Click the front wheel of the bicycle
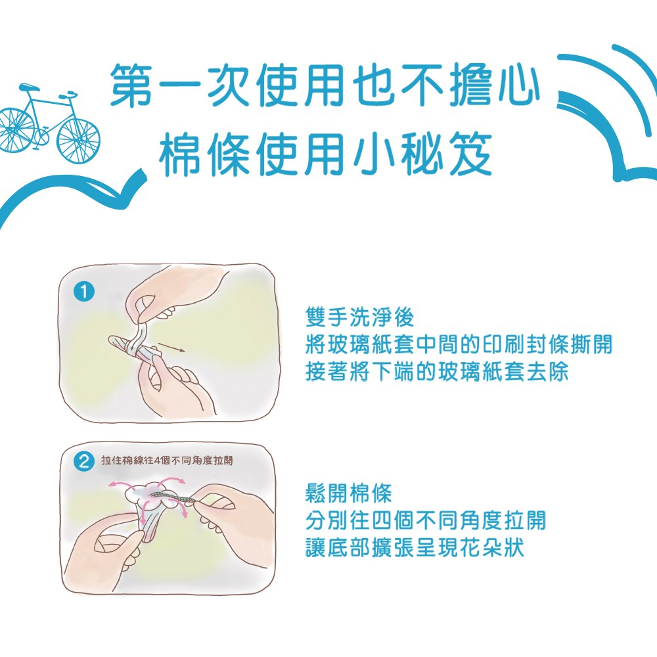point(78,139)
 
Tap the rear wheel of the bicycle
point(16,127)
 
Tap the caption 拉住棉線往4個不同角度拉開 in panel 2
point(167,461)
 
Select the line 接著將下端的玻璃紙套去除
point(437,373)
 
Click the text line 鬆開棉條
point(349,493)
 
